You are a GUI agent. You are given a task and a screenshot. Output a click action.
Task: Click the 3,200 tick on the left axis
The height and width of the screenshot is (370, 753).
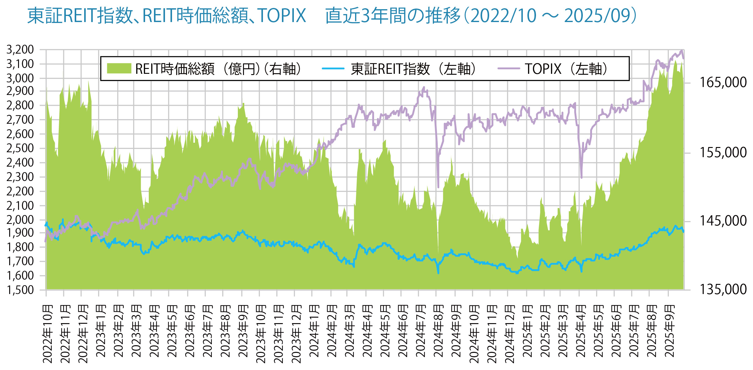pos(20,50)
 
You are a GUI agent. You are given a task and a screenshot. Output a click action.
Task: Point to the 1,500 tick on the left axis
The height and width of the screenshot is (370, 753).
pos(20,290)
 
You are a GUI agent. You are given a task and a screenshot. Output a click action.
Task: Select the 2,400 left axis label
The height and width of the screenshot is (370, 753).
pos(20,163)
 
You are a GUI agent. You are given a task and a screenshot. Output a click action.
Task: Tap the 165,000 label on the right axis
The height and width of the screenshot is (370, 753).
pos(723,83)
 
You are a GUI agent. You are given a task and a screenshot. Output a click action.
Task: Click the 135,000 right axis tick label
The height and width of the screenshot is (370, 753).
pos(723,289)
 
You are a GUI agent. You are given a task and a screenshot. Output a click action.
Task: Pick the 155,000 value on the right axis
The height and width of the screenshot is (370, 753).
pos(723,153)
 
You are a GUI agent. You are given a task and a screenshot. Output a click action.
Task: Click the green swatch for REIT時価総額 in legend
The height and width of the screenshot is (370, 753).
pos(119,68)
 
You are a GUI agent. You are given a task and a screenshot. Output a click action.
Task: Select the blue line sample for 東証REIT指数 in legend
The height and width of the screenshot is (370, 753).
pos(333,68)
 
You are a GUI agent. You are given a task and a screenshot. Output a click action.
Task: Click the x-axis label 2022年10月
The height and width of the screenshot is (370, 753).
pos(48,334)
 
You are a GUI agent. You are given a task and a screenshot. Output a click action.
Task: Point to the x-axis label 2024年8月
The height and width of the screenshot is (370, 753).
pos(438,331)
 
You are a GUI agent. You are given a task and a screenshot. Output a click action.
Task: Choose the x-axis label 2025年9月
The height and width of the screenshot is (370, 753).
pos(670,331)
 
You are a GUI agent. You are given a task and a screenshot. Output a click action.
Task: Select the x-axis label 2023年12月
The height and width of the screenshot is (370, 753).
pos(296,334)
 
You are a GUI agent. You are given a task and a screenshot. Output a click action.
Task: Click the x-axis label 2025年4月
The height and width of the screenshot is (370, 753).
pos(580,331)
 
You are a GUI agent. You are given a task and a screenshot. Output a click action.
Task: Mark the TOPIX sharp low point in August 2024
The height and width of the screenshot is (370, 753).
pos(438,187)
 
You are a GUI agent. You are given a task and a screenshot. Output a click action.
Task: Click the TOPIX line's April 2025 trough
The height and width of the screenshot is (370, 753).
pos(581,177)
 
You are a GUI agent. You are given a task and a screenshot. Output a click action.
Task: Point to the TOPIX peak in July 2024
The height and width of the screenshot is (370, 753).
pos(424,87)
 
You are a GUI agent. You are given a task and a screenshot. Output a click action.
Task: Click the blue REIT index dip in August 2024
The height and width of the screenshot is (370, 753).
pos(438,273)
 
